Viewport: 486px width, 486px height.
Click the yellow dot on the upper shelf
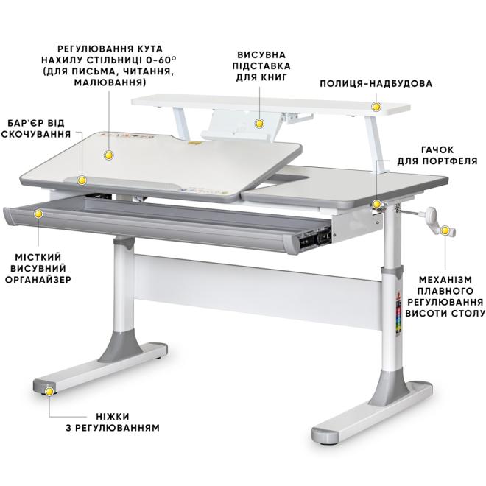(376, 107)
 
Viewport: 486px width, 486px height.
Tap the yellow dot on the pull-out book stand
(259, 124)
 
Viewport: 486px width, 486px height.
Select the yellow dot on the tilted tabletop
(109, 155)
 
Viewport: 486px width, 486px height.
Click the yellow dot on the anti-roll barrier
(82, 180)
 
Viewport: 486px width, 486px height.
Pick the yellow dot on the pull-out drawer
(38, 214)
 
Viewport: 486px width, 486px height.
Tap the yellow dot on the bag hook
(376, 204)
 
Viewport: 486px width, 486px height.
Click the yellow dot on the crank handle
(445, 230)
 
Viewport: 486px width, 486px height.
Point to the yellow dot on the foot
(49, 392)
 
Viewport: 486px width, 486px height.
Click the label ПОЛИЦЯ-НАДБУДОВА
(376, 84)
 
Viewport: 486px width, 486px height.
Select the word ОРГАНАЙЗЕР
(38, 280)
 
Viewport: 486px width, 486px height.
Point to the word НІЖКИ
(113, 416)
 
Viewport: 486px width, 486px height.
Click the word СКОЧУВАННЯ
(36, 134)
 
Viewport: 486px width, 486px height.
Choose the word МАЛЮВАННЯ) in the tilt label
(110, 83)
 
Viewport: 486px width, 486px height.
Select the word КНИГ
(274, 77)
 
